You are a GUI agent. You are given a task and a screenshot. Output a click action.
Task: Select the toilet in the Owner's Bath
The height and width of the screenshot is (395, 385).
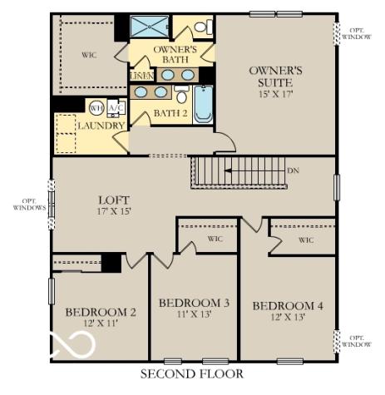point(202,27)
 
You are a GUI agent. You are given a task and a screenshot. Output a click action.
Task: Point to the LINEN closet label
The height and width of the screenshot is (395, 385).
point(140,77)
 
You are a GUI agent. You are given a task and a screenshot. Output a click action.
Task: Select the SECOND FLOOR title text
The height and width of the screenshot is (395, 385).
point(192,375)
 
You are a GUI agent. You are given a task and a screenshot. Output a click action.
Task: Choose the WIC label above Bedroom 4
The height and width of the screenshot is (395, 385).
point(305,240)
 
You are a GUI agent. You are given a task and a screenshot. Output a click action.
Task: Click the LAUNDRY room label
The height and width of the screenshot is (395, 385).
point(101,126)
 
